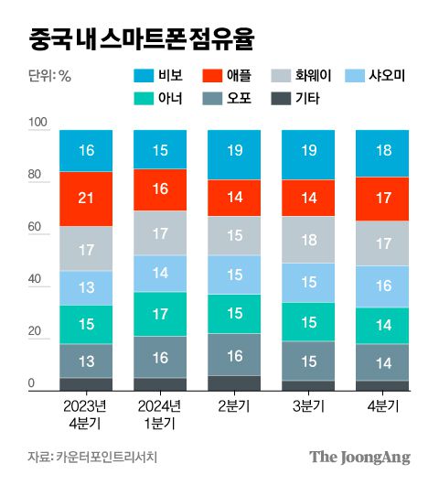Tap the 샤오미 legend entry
click(x=396, y=76)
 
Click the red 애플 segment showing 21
click(x=86, y=199)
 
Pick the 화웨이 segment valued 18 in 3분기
click(x=308, y=240)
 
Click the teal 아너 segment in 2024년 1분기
click(x=160, y=314)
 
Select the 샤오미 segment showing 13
click(x=86, y=287)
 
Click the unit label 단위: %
click(x=49, y=76)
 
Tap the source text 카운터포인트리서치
click(x=102, y=457)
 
